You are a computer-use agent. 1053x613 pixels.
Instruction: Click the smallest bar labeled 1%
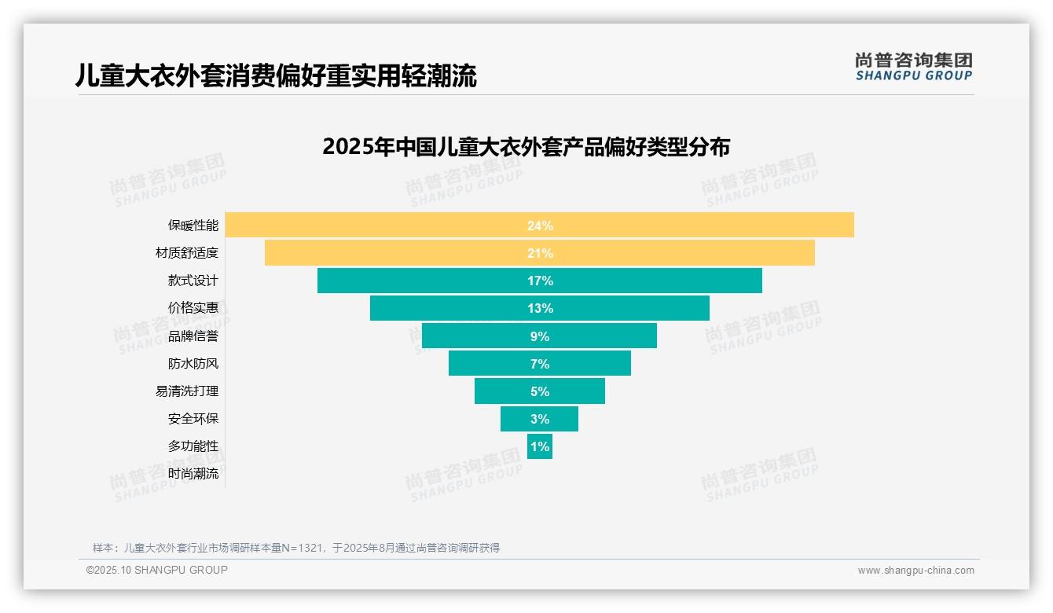pyautogui.click(x=540, y=446)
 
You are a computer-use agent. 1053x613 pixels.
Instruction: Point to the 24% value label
pyautogui.click(x=540, y=226)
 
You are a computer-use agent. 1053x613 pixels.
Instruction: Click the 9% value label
pyautogui.click(x=540, y=336)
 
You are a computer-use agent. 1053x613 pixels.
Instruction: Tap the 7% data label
pyautogui.click(x=540, y=364)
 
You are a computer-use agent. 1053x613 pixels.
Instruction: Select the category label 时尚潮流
pyautogui.click(x=193, y=474)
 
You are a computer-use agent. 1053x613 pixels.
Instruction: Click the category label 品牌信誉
pyautogui.click(x=193, y=336)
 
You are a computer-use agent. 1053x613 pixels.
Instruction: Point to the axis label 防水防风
pyautogui.click(x=193, y=364)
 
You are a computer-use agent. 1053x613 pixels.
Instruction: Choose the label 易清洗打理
pyautogui.click(x=187, y=391)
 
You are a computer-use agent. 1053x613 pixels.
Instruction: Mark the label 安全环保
pyautogui.click(x=193, y=419)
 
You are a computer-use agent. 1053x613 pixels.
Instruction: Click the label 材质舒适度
pyautogui.click(x=187, y=253)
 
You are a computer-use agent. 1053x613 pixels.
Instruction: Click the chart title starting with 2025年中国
pyautogui.click(x=526, y=147)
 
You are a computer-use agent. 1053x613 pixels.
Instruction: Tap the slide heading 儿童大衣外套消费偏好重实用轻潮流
pyautogui.click(x=276, y=76)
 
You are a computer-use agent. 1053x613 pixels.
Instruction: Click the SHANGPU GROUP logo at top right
pyautogui.click(x=913, y=67)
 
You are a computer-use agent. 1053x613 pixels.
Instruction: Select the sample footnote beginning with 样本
pyautogui.click(x=296, y=548)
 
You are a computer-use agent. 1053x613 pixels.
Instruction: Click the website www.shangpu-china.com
pyautogui.click(x=915, y=571)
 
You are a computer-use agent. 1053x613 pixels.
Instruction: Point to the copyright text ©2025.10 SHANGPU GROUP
pyautogui.click(x=157, y=570)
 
